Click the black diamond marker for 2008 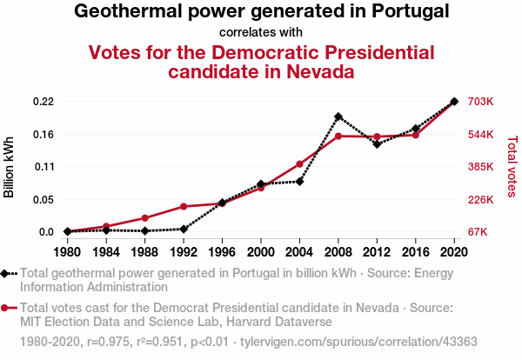338,117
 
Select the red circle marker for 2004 299,164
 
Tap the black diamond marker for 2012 377,143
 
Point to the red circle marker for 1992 184,206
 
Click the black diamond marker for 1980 68,231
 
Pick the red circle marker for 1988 145,217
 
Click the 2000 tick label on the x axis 261,252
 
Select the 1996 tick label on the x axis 222,252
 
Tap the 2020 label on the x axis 454,252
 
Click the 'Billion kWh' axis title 10,167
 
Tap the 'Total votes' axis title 512,166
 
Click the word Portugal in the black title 398,12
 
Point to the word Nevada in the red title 312,71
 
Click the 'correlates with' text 261,33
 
